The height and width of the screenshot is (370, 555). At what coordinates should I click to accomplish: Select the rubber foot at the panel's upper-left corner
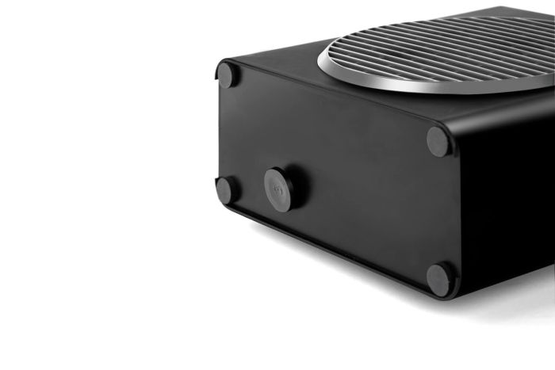(x=228, y=75)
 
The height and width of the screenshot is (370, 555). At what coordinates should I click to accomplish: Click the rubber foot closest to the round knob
(x=228, y=189)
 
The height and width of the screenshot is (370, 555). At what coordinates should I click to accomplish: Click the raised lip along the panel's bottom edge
(x=333, y=250)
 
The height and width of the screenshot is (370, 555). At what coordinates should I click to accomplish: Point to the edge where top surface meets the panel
(x=333, y=103)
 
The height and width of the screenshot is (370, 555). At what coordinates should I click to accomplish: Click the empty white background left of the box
(x=95, y=158)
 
